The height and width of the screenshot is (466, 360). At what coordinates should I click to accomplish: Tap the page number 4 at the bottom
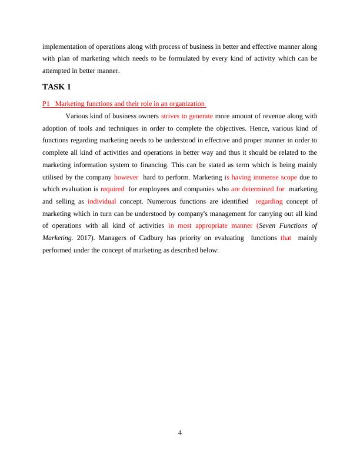(180, 433)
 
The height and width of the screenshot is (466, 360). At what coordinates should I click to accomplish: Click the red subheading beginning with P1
(124, 104)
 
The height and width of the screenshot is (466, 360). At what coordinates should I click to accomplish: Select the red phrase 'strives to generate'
(186, 116)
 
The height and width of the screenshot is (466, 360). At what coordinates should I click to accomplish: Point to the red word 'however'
(126, 177)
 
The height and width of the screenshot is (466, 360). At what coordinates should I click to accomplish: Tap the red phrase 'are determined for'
(258, 189)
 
